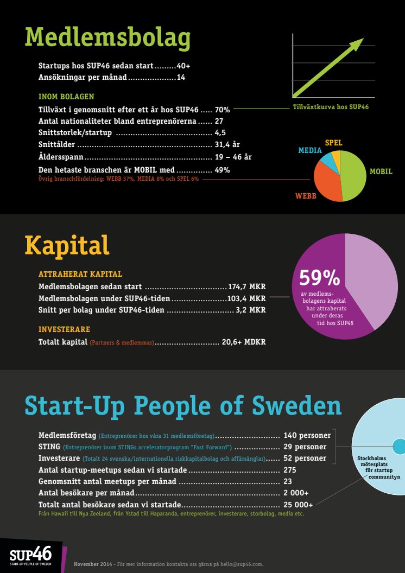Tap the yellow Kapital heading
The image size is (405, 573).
[67, 246]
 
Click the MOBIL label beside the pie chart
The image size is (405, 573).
[381, 171]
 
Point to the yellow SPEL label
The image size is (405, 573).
[334, 143]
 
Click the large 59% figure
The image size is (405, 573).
[319, 278]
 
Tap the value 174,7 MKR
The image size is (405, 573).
[246, 286]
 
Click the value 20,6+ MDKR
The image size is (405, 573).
[244, 342]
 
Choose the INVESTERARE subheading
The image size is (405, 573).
[64, 329]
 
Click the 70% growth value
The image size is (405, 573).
[222, 109]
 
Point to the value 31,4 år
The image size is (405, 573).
[227, 145]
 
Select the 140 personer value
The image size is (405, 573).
[307, 435]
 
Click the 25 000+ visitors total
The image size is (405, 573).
[298, 505]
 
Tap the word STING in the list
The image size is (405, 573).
[49, 447]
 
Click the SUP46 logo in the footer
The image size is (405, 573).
[31, 556]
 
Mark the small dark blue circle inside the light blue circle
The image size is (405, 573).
[399, 447]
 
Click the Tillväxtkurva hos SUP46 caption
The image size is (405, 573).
[331, 107]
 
